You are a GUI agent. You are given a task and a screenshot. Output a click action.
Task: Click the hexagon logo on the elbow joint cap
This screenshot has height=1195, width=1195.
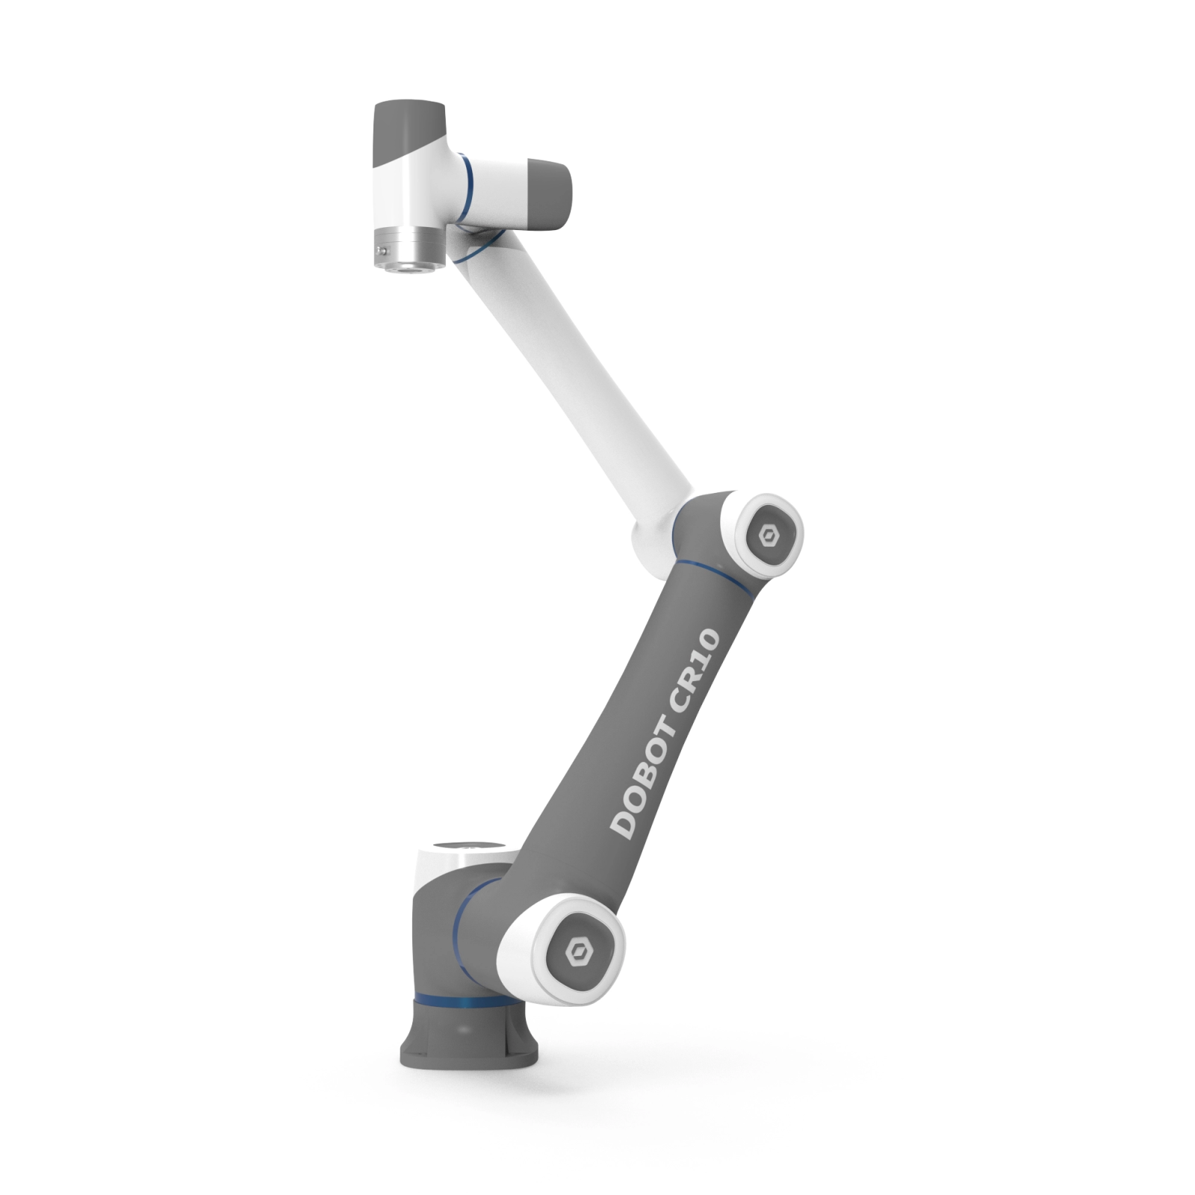pos(767,536)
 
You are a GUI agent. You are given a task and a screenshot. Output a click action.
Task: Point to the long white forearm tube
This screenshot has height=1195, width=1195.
pos(575,388)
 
